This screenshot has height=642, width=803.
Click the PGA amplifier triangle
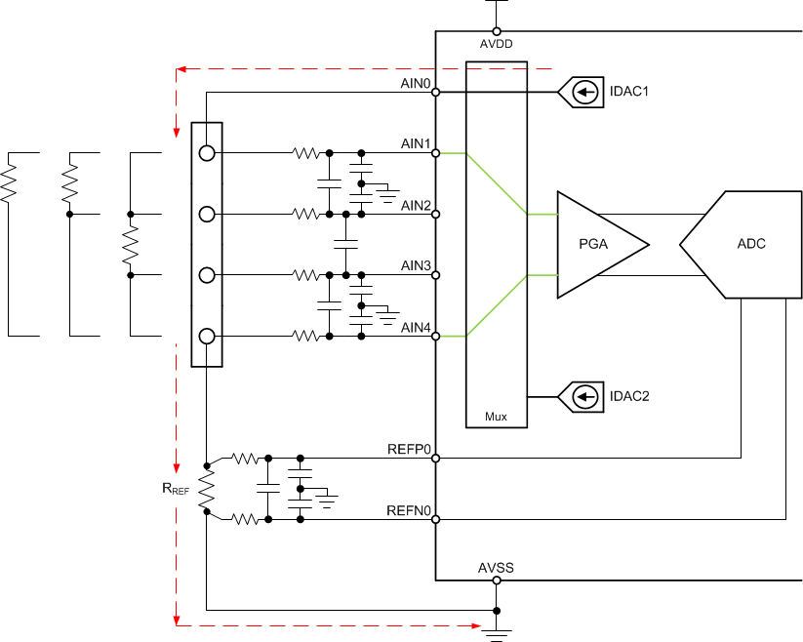[595, 244]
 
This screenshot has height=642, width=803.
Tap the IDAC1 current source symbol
[583, 93]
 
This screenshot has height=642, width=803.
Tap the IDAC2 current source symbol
[583, 396]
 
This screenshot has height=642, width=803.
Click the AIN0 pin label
[416, 84]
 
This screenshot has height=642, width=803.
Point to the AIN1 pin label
[416, 144]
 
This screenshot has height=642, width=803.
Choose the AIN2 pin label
[416, 205]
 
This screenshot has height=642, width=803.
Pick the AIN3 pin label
[416, 265]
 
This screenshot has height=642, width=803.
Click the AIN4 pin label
[416, 327]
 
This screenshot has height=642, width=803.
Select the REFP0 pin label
[409, 449]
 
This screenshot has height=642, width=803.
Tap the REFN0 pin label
[409, 509]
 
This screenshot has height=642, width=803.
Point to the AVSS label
[496, 568]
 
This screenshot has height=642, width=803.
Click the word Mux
[497, 417]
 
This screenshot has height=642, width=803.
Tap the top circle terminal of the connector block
[207, 153]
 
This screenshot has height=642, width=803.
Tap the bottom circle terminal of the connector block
[207, 337]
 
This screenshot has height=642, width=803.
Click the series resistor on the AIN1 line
[305, 153]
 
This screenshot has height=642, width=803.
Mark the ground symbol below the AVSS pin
[497, 631]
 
